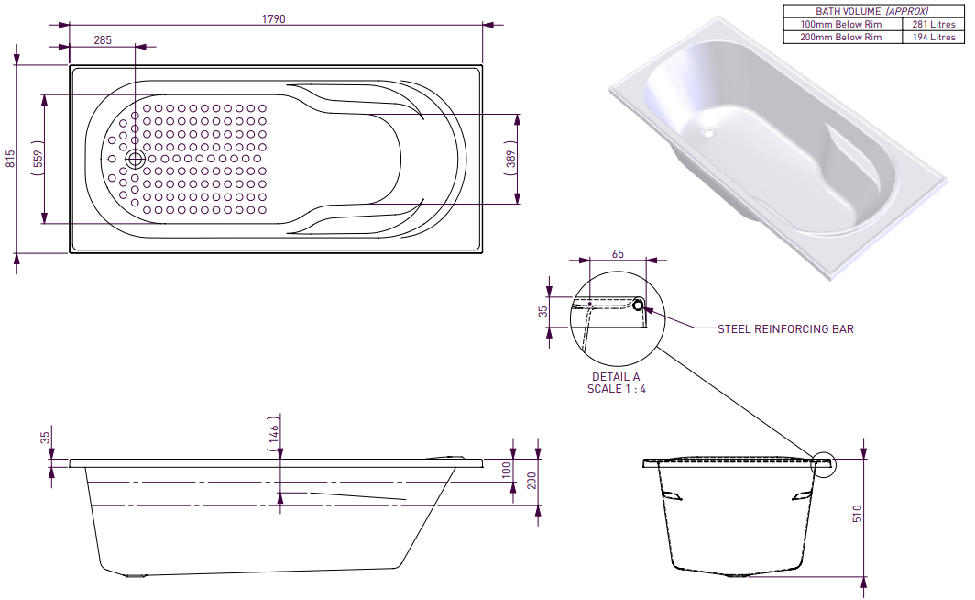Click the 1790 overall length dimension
click(274, 18)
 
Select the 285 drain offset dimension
click(102, 39)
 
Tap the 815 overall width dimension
click(10, 159)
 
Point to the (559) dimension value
click(38, 160)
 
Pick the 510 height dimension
click(858, 512)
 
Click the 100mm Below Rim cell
click(840, 25)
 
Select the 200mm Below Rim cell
click(840, 38)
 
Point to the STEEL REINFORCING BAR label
click(784, 328)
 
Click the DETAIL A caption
click(616, 377)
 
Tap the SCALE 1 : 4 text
click(616, 388)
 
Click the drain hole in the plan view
click(136, 159)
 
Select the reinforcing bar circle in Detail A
click(639, 305)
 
